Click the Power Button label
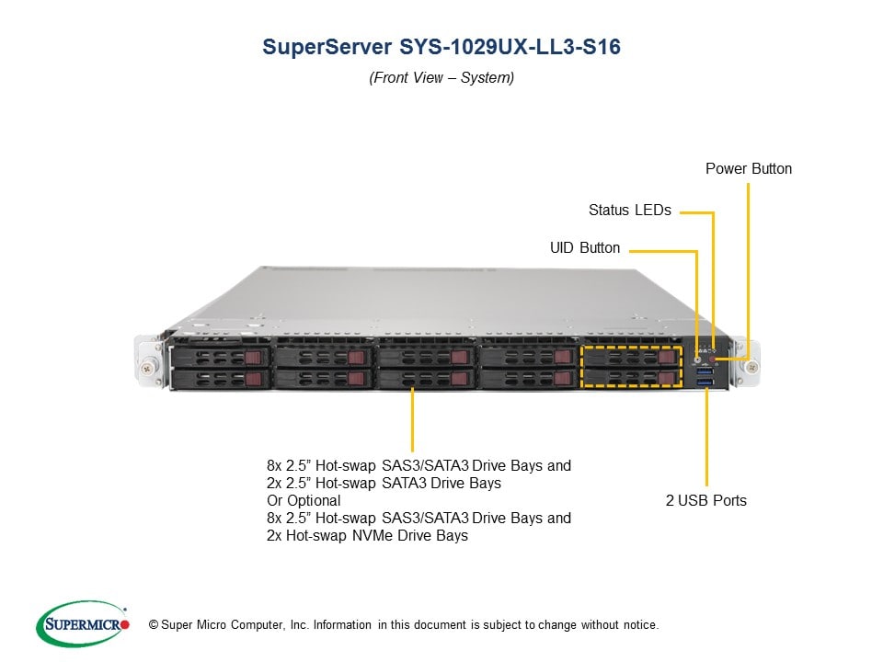coord(748,169)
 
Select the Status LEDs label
coord(629,211)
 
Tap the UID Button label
coord(584,248)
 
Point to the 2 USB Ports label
coord(705,501)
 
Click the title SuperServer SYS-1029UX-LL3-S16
coord(441,48)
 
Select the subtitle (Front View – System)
coord(441,78)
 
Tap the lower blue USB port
coord(705,380)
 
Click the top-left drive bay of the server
coord(220,356)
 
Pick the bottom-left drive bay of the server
coord(220,378)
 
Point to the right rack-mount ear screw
coord(752,367)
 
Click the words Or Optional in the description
coord(304,501)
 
